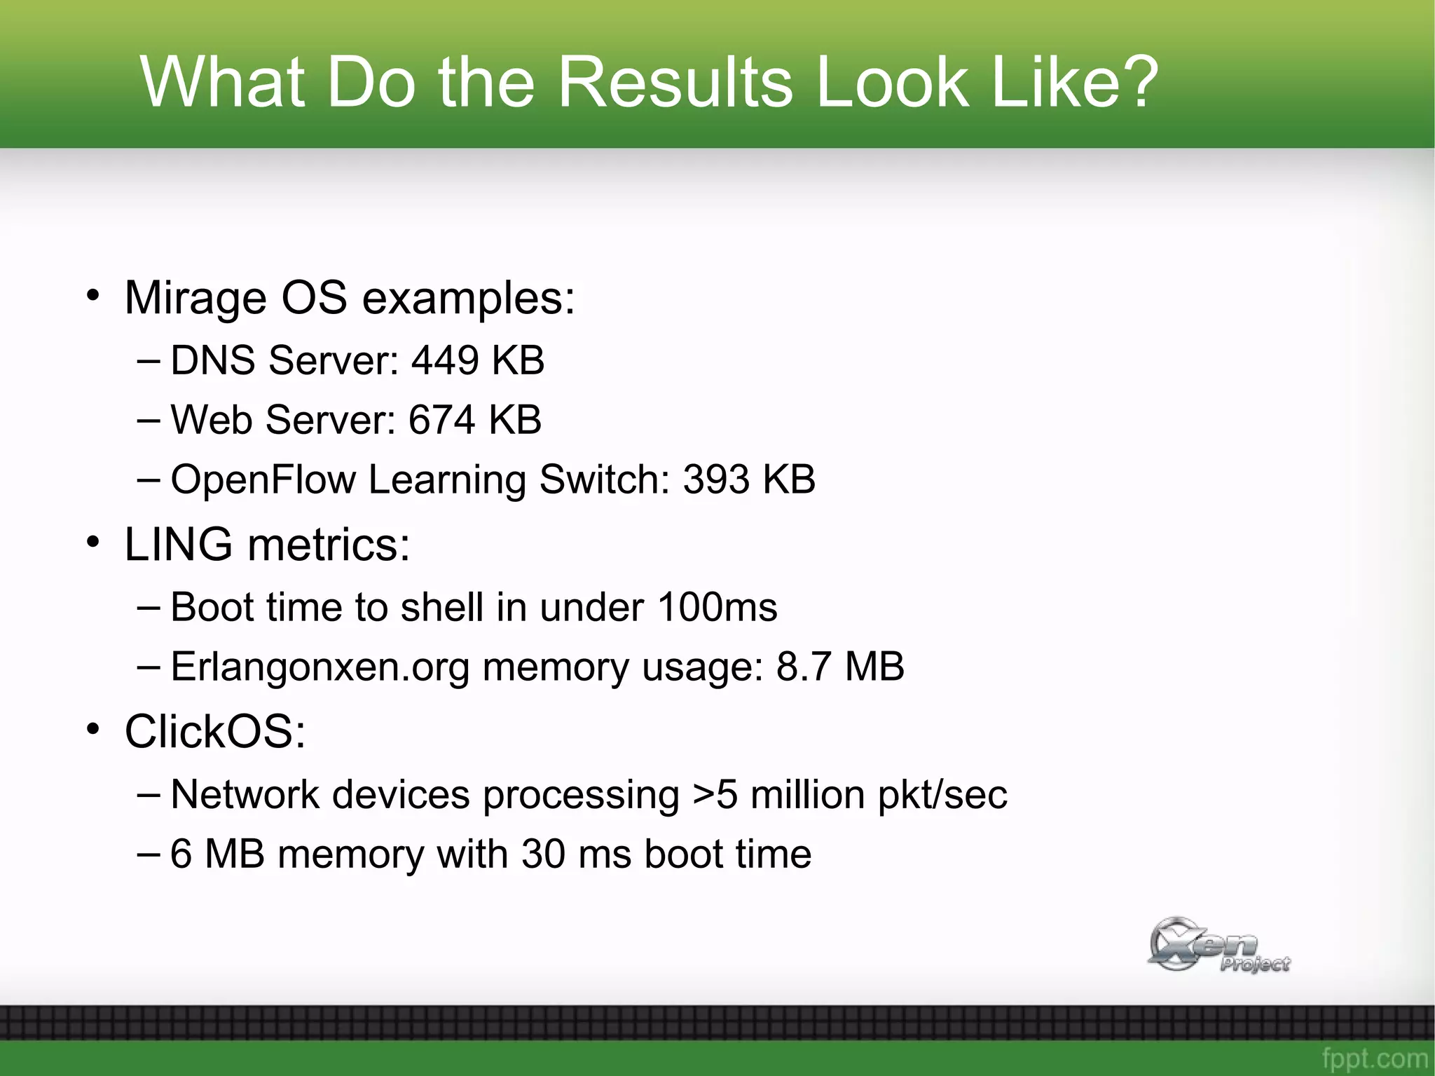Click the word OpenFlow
click(x=263, y=479)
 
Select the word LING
click(x=178, y=545)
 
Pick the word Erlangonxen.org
click(x=320, y=667)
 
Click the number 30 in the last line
click(x=543, y=854)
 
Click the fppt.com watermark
click(x=1374, y=1058)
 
